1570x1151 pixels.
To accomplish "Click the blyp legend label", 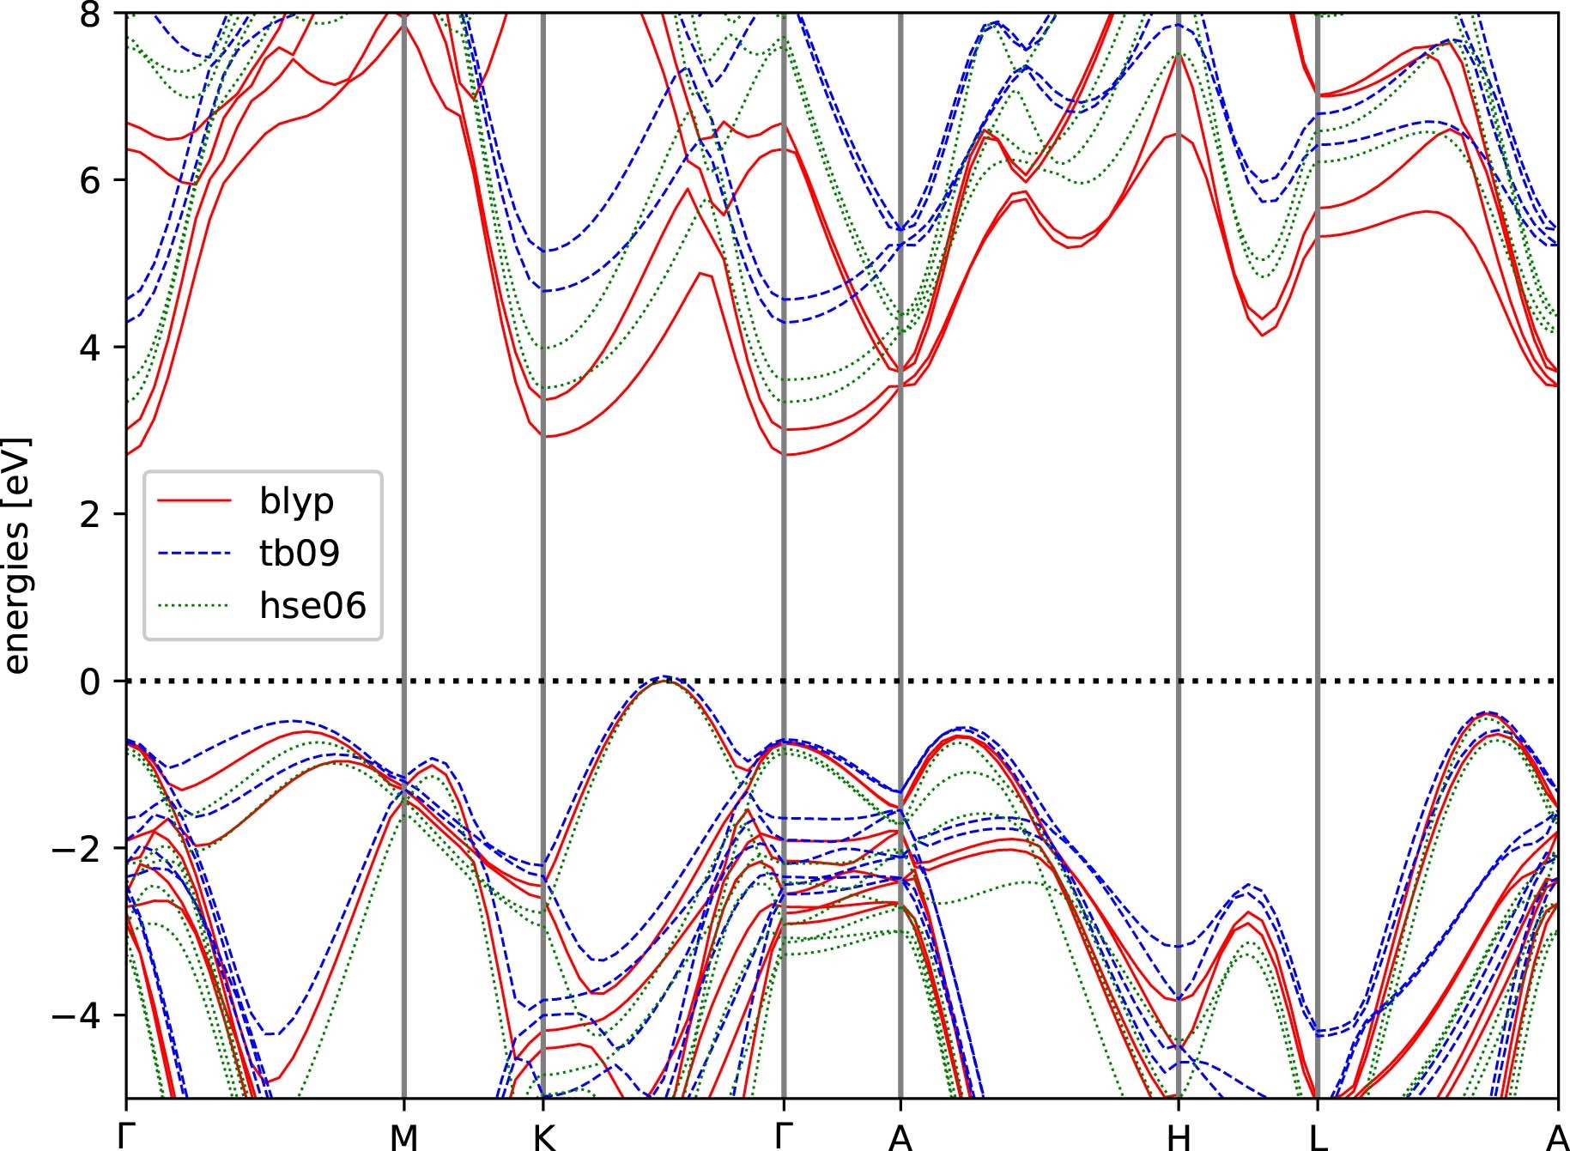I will coord(296,500).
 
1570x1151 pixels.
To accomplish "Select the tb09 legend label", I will coord(300,553).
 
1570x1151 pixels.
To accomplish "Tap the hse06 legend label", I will coord(312,606).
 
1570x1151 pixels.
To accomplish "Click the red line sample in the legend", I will coord(194,500).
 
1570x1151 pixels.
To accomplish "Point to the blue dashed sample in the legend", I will coord(194,554).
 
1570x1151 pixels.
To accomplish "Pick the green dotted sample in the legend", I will coord(194,607).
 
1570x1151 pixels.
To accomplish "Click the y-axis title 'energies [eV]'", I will coord(16,556).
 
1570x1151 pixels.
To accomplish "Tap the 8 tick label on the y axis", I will coord(91,14).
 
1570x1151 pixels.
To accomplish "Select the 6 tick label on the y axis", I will coord(91,180).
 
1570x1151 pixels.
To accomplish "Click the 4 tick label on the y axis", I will coord(91,348).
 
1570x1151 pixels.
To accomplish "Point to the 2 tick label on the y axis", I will coord(91,514).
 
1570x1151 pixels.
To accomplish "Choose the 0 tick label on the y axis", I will coord(91,682).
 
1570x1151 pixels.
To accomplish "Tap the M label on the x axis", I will coord(403,1136).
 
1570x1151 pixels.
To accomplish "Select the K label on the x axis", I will coord(543,1136).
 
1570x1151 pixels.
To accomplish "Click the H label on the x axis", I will coord(1179,1136).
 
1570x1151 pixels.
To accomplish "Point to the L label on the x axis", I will coord(1318,1136).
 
